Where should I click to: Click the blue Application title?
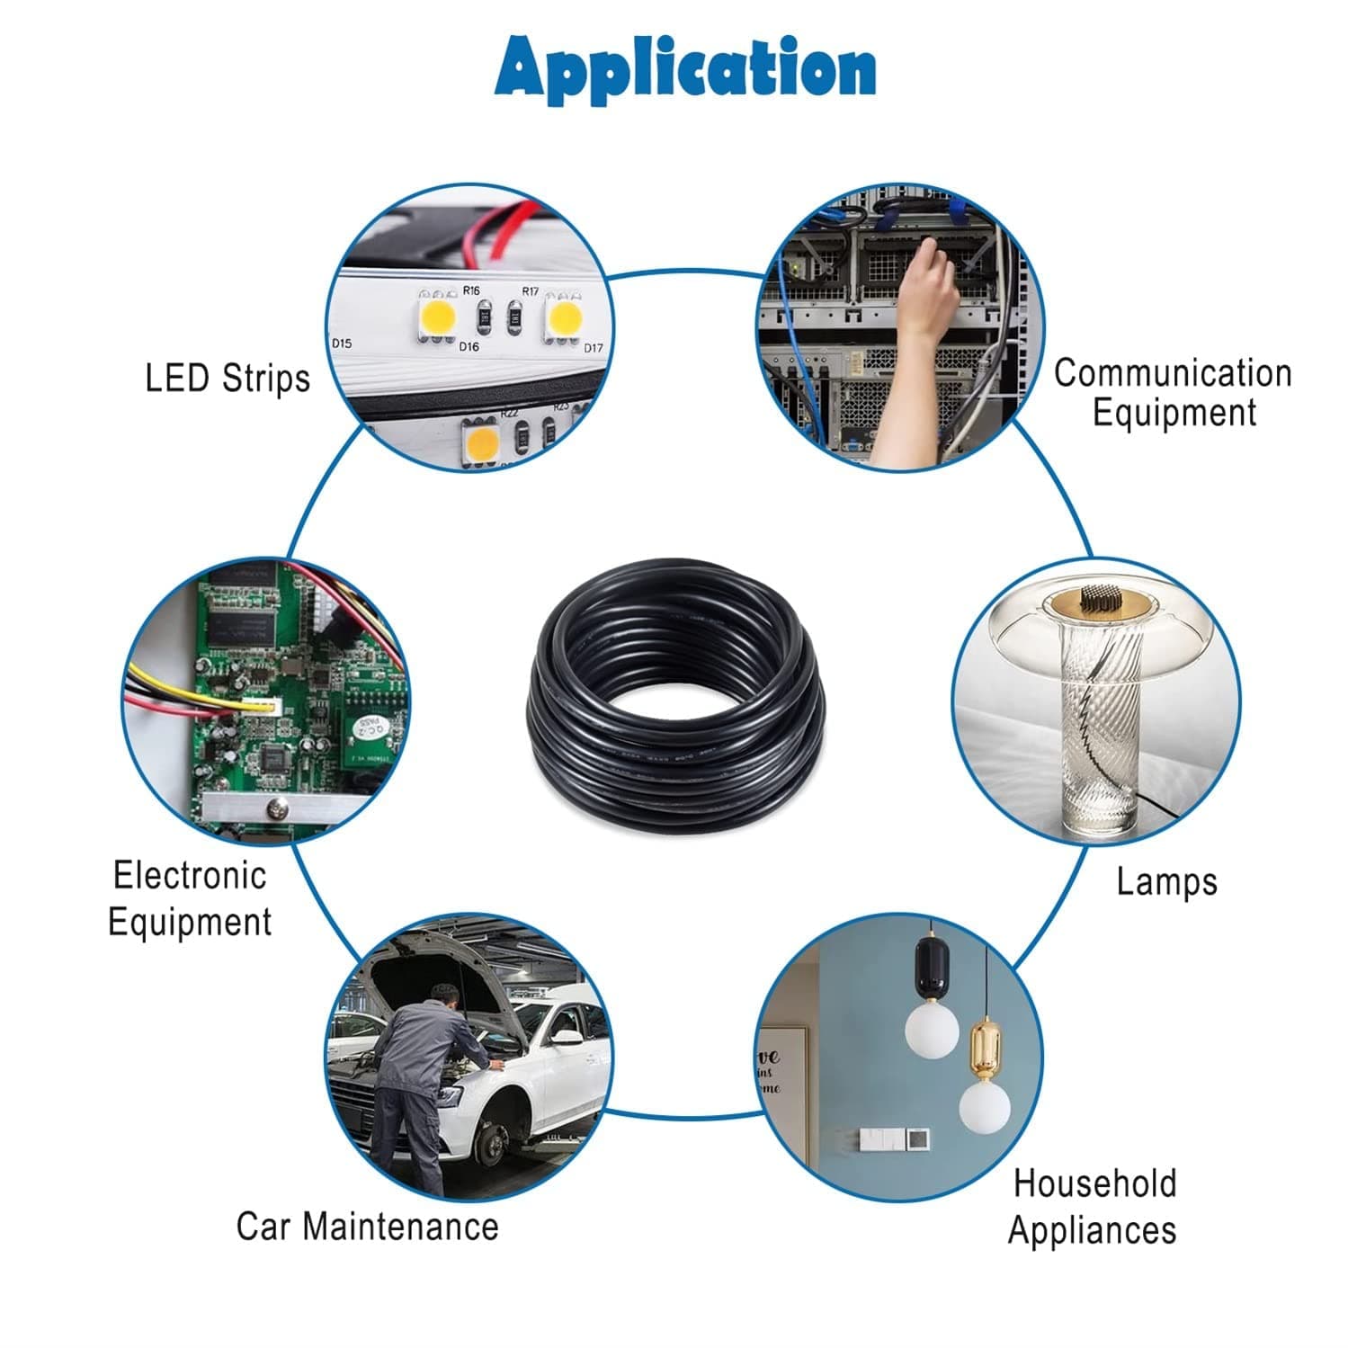pyautogui.click(x=684, y=68)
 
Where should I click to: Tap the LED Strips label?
pyautogui.click(x=228, y=378)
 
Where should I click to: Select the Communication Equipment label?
pyautogui.click(x=1173, y=392)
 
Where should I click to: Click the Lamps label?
pyautogui.click(x=1166, y=881)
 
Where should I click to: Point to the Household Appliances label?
pyautogui.click(x=1093, y=1206)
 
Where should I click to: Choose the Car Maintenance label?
pyautogui.click(x=367, y=1226)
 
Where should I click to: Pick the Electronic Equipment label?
pyautogui.click(x=190, y=898)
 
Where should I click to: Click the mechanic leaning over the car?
pyautogui.click(x=423, y=1079)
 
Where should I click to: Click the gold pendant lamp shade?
pyautogui.click(x=986, y=1048)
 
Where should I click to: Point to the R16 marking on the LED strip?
pyautogui.click(x=471, y=290)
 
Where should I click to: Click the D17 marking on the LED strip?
pyautogui.click(x=593, y=348)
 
